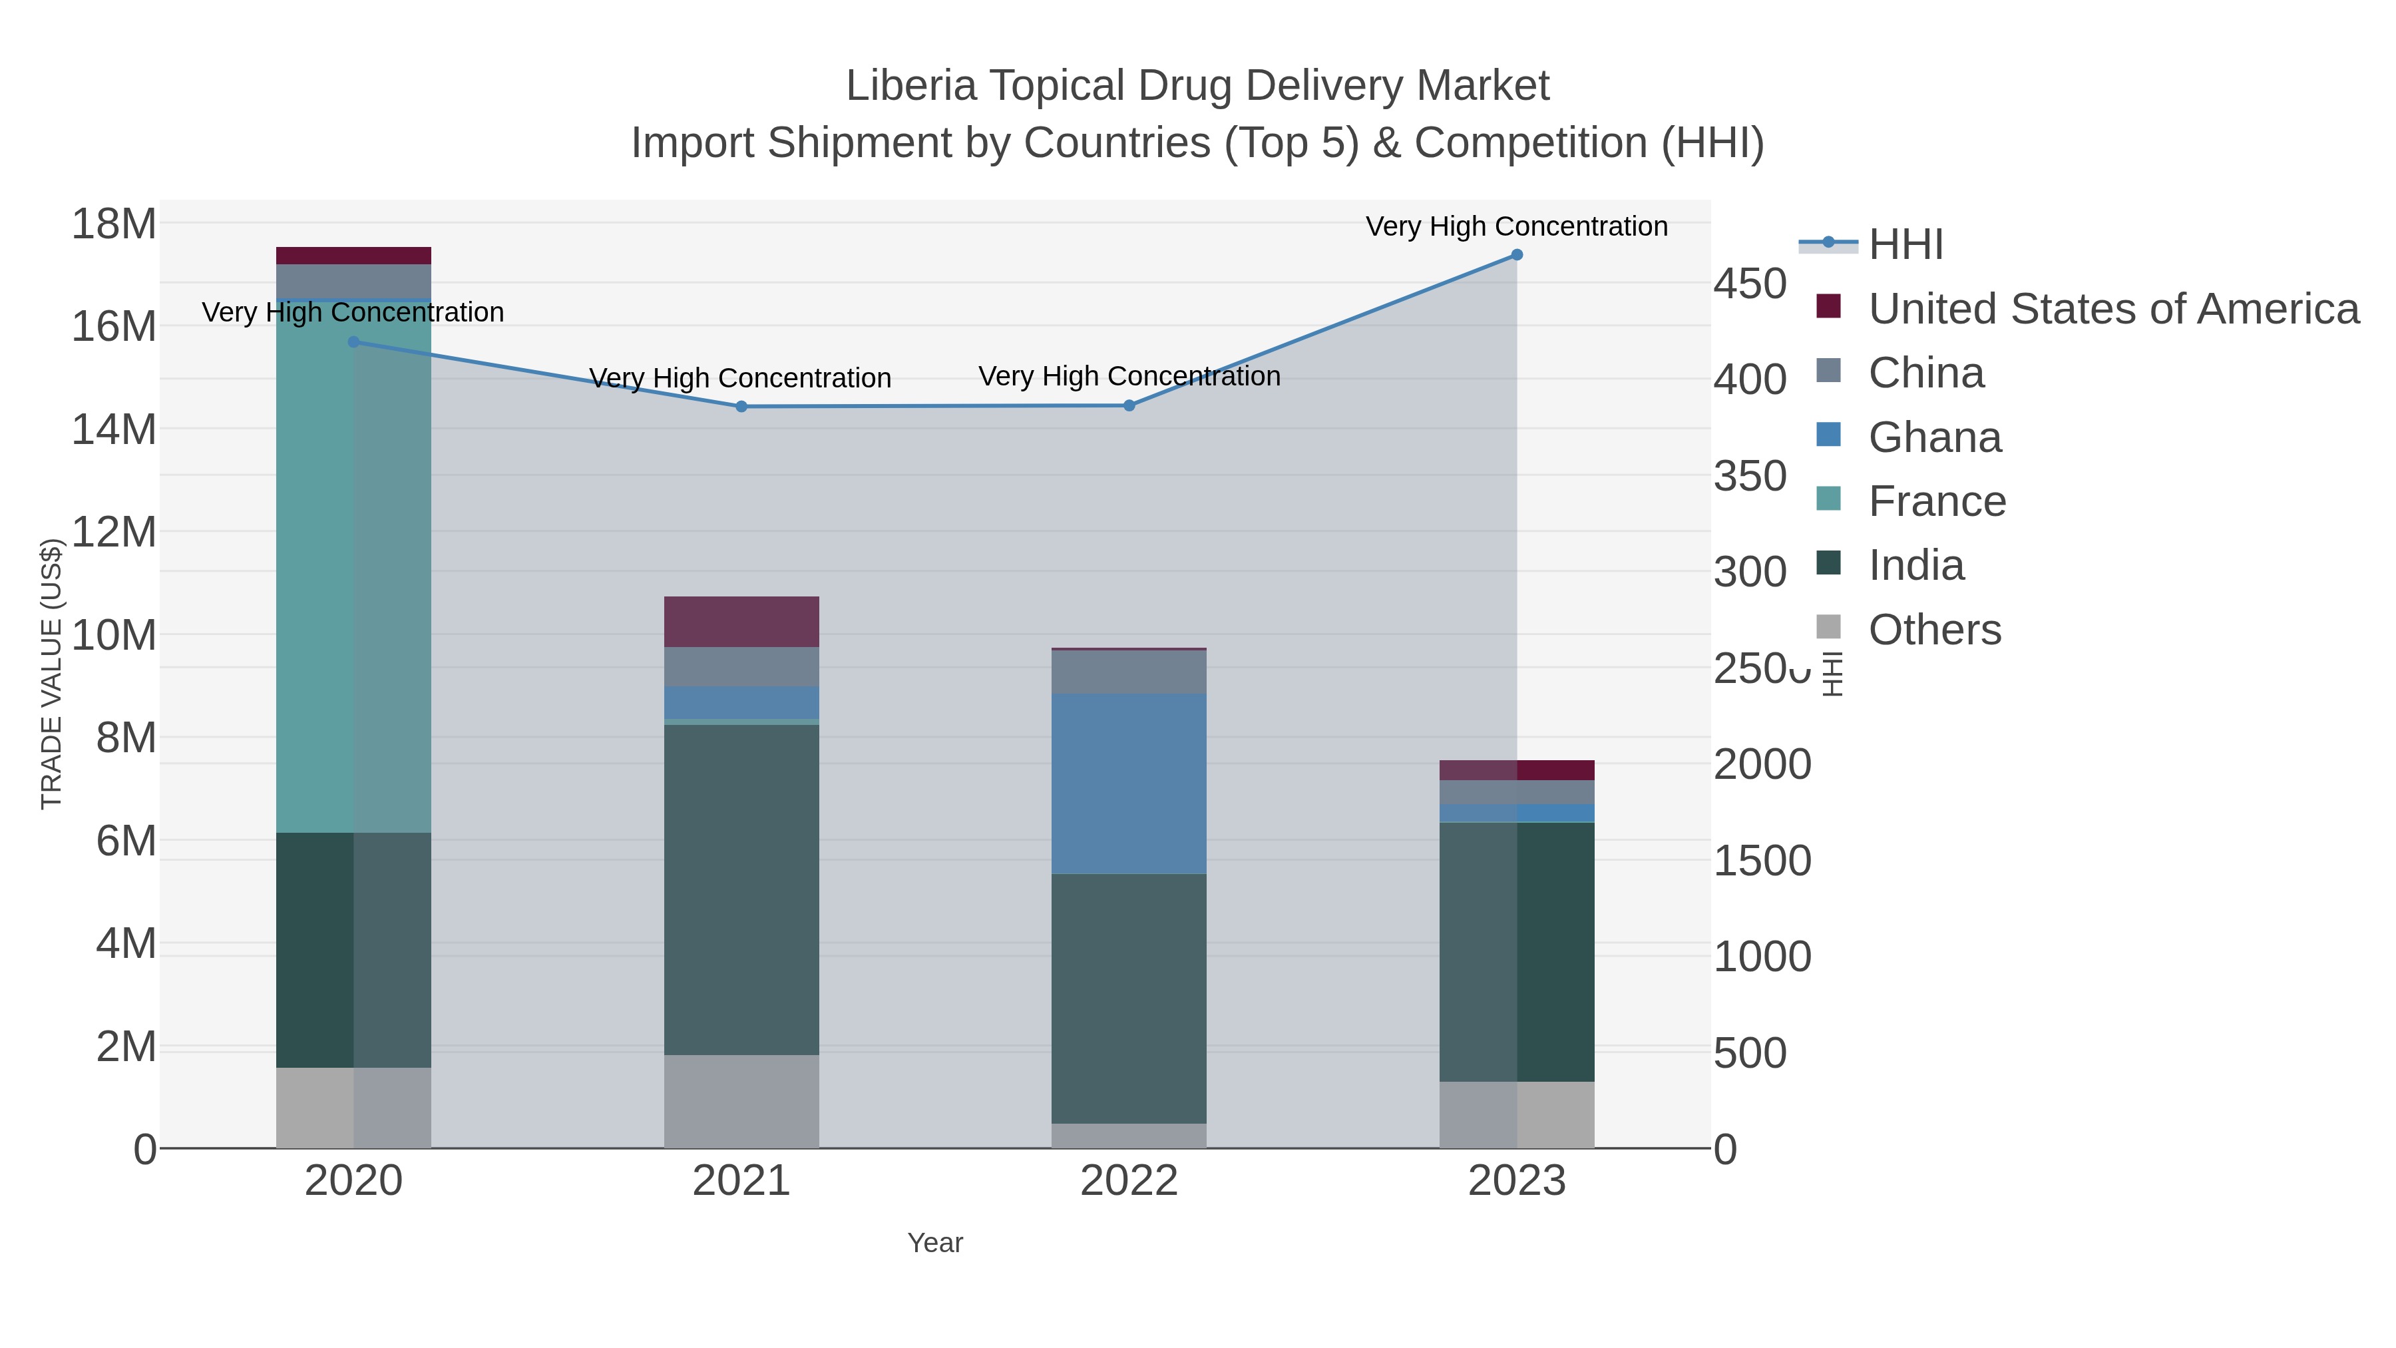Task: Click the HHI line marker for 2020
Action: coord(353,342)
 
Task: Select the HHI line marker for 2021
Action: coord(741,407)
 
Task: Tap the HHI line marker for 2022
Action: coord(1129,405)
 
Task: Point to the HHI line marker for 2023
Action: coord(1517,255)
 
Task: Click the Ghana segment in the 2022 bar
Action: coord(1129,784)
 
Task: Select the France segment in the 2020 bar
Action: coord(353,567)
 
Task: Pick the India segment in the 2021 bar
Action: coord(741,889)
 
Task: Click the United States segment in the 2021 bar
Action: coord(741,622)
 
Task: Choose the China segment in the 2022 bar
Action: coord(1129,672)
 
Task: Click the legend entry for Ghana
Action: coord(1935,437)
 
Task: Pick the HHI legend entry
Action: coord(1905,245)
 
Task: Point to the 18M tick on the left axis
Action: coord(113,224)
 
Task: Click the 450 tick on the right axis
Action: coord(1750,284)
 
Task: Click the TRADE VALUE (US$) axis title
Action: coord(52,674)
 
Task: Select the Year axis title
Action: coord(935,1243)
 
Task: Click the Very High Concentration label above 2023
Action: coord(1516,226)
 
